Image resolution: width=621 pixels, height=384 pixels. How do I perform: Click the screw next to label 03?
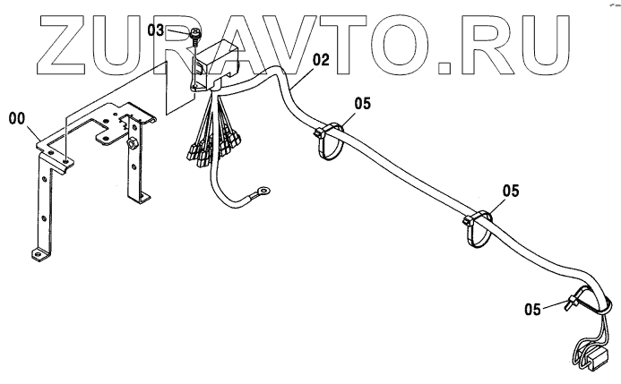pos(195,37)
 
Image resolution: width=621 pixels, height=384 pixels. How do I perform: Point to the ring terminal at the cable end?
pos(263,189)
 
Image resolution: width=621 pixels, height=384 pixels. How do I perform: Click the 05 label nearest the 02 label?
pos(361,103)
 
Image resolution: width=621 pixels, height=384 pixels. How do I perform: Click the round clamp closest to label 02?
pos(328,141)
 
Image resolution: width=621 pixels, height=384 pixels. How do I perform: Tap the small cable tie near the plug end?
pos(570,306)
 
